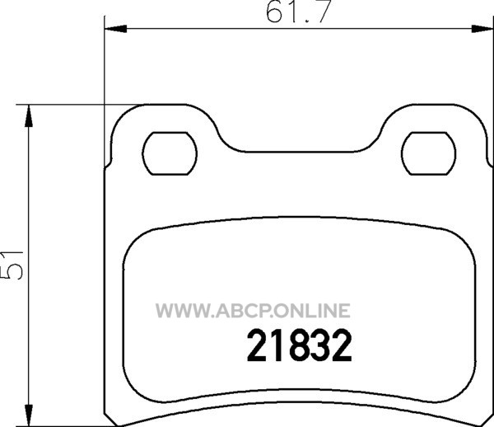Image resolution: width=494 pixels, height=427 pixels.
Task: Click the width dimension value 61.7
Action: [298, 12]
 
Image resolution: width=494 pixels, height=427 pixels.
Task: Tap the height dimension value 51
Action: [12, 265]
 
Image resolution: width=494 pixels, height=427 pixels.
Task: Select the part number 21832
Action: [299, 345]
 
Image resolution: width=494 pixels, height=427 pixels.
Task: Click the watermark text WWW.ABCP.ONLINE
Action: [253, 310]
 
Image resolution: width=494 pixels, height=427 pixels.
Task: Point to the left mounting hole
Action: [170, 153]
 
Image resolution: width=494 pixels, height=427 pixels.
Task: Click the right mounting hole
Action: [428, 153]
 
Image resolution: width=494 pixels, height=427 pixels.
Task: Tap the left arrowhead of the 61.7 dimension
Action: [115, 29]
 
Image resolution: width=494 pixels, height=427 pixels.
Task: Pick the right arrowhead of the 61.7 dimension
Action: [482, 29]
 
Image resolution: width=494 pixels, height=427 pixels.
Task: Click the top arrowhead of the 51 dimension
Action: [29, 115]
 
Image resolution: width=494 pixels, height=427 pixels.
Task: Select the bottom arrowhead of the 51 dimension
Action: [29, 414]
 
